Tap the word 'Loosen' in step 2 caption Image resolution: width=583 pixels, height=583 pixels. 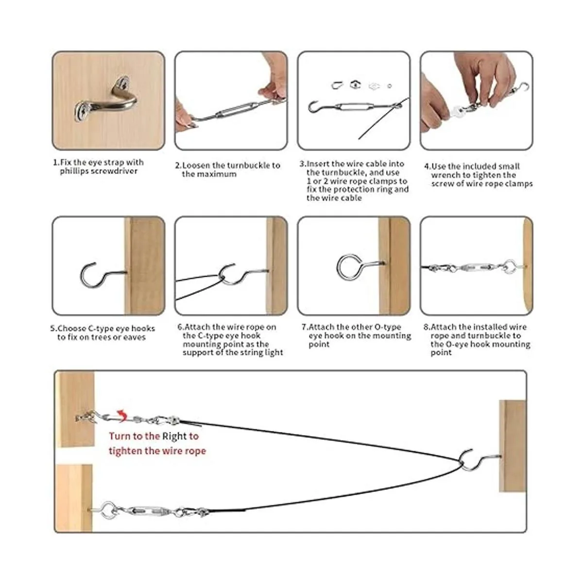pos(198,166)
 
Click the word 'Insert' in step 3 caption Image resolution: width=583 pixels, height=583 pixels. pos(318,164)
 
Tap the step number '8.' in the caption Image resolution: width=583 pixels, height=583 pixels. pos(427,327)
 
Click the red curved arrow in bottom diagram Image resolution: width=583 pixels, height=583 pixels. pos(122,416)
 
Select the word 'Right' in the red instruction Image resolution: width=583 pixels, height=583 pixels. pos(174,436)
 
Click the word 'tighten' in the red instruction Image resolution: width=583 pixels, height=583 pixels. pos(125,451)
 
